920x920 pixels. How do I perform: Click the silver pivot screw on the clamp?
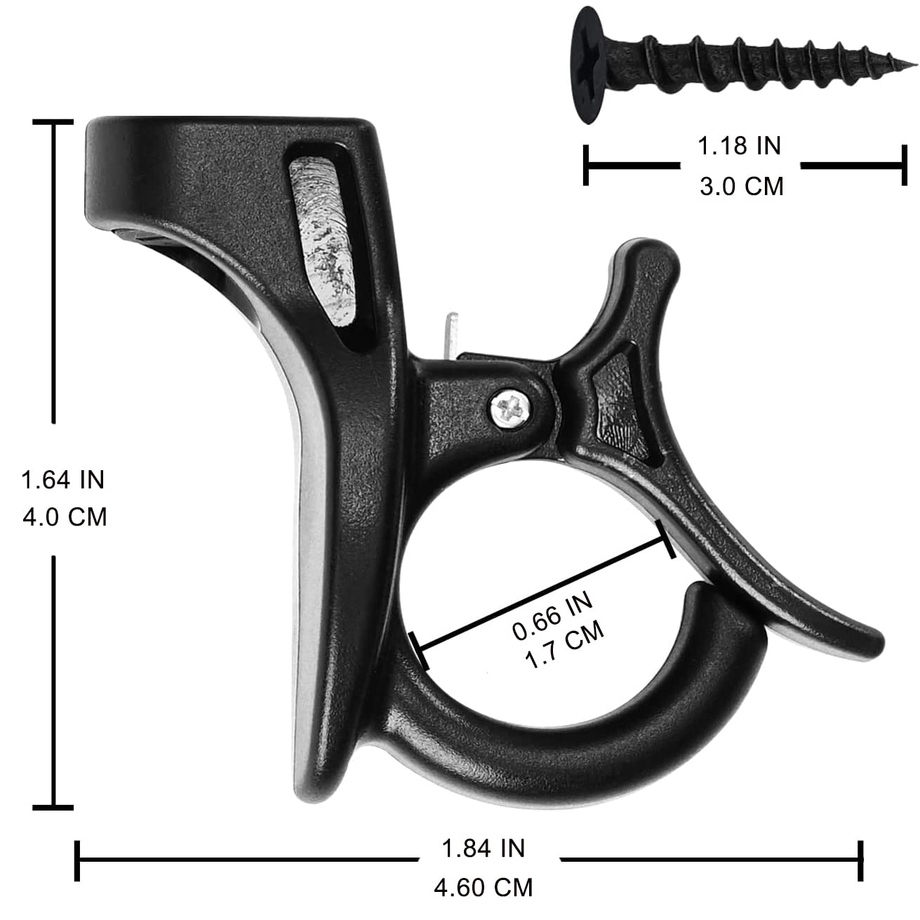[x=510, y=408]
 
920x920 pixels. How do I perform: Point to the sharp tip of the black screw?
[x=915, y=63]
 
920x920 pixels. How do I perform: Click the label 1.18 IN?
[x=739, y=146]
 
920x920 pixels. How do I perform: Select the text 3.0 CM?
[x=742, y=186]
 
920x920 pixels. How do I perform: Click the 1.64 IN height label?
[x=63, y=479]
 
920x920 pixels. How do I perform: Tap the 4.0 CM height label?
[x=65, y=516]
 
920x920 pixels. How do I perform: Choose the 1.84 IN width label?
[x=483, y=848]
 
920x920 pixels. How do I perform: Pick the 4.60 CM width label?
[x=483, y=888]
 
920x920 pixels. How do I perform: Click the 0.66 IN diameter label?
[x=553, y=616]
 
